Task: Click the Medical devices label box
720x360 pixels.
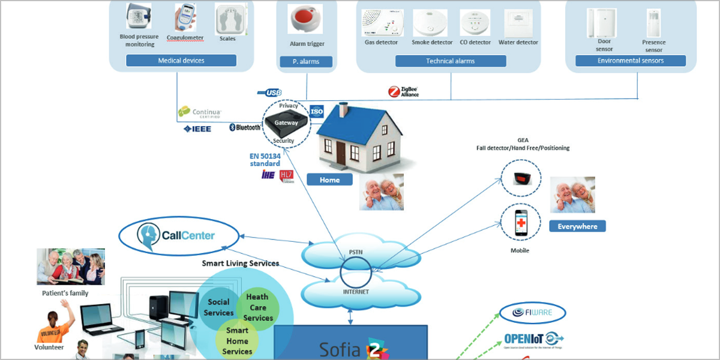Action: [x=181, y=61]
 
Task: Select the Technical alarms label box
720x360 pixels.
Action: [x=451, y=61]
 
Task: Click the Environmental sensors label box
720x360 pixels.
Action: [x=631, y=61]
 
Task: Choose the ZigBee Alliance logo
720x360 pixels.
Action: [x=403, y=91]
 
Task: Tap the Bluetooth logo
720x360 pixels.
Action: [x=245, y=128]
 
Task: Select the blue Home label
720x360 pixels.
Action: [x=329, y=179]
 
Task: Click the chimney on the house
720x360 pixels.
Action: [x=344, y=109]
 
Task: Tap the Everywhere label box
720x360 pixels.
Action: [x=577, y=226]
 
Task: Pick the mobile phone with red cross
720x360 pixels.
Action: [x=521, y=224]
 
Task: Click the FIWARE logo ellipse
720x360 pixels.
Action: [x=533, y=313]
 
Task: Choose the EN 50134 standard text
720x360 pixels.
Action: [x=265, y=160]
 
